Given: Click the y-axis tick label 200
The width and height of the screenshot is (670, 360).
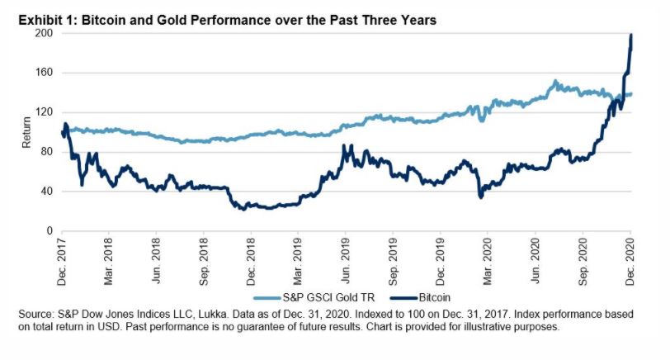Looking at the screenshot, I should tap(45, 33).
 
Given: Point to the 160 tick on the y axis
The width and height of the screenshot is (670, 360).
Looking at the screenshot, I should tap(45, 73).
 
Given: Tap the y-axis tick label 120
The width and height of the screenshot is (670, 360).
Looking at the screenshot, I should tap(45, 112).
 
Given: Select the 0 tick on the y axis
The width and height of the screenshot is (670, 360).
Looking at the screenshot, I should tap(50, 230).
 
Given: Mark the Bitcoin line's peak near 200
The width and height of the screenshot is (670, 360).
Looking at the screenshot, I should tap(631, 36).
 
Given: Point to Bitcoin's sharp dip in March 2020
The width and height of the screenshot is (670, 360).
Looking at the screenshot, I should tap(480, 197).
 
